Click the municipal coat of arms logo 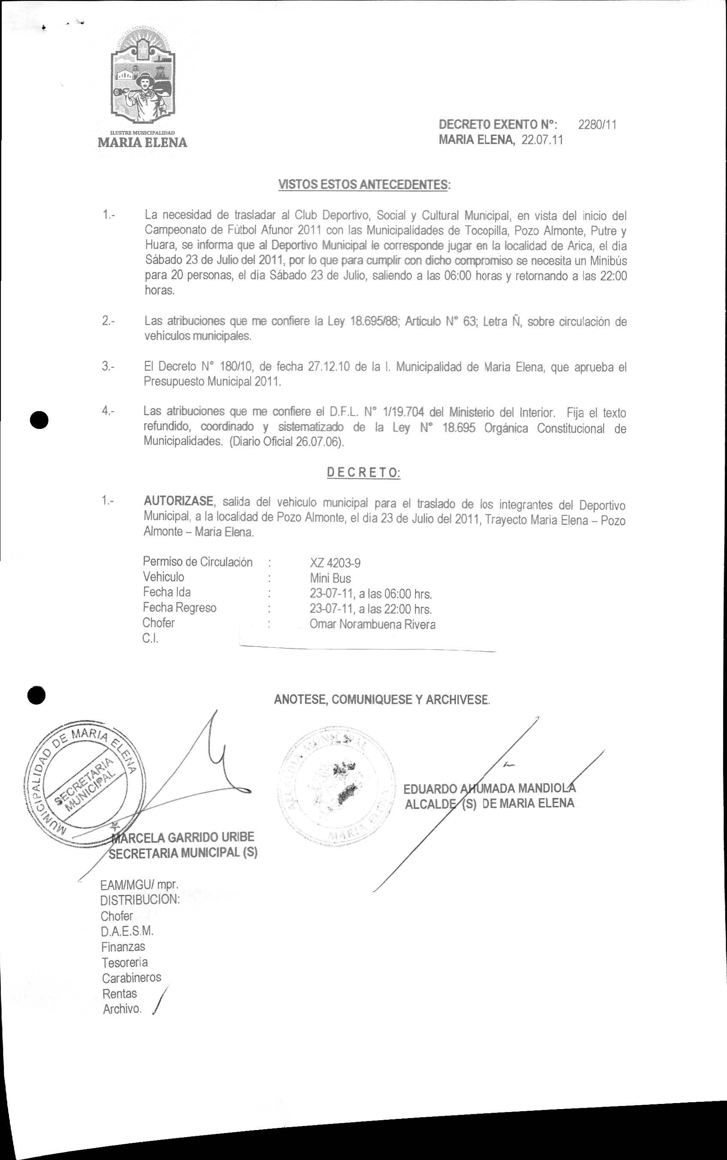click(143, 79)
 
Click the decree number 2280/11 click(597, 125)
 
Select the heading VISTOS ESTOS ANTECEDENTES click(364, 185)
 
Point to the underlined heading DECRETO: click(363, 473)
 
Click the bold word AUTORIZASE click(178, 501)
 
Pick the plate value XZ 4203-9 click(335, 563)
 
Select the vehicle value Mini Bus click(330, 578)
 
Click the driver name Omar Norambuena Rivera click(373, 625)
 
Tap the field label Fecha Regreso click(180, 608)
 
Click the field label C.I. click(150, 638)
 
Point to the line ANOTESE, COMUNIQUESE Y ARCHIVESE click(382, 699)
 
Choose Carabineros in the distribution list click(131, 978)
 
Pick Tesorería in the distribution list click(125, 962)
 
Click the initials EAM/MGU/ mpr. click(139, 884)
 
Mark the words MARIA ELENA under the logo click(142, 143)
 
